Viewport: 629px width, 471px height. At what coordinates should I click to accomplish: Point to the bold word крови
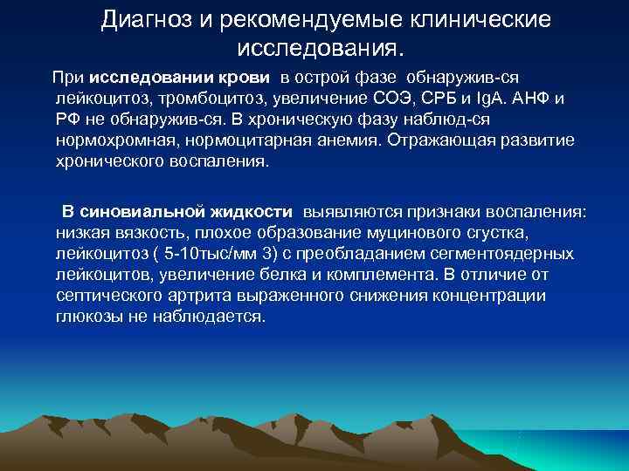click(253, 78)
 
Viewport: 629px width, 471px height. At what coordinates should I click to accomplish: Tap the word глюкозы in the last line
click(86, 317)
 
